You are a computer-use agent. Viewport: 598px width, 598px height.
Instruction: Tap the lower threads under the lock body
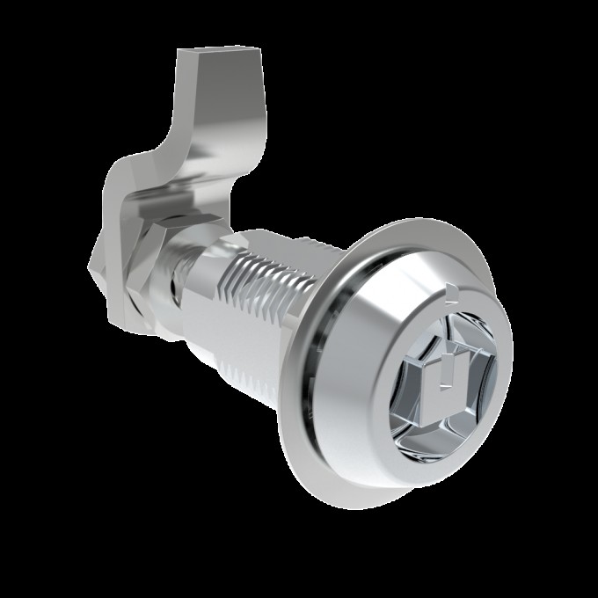(x=255, y=369)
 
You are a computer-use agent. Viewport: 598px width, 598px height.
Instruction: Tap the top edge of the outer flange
(x=413, y=230)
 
